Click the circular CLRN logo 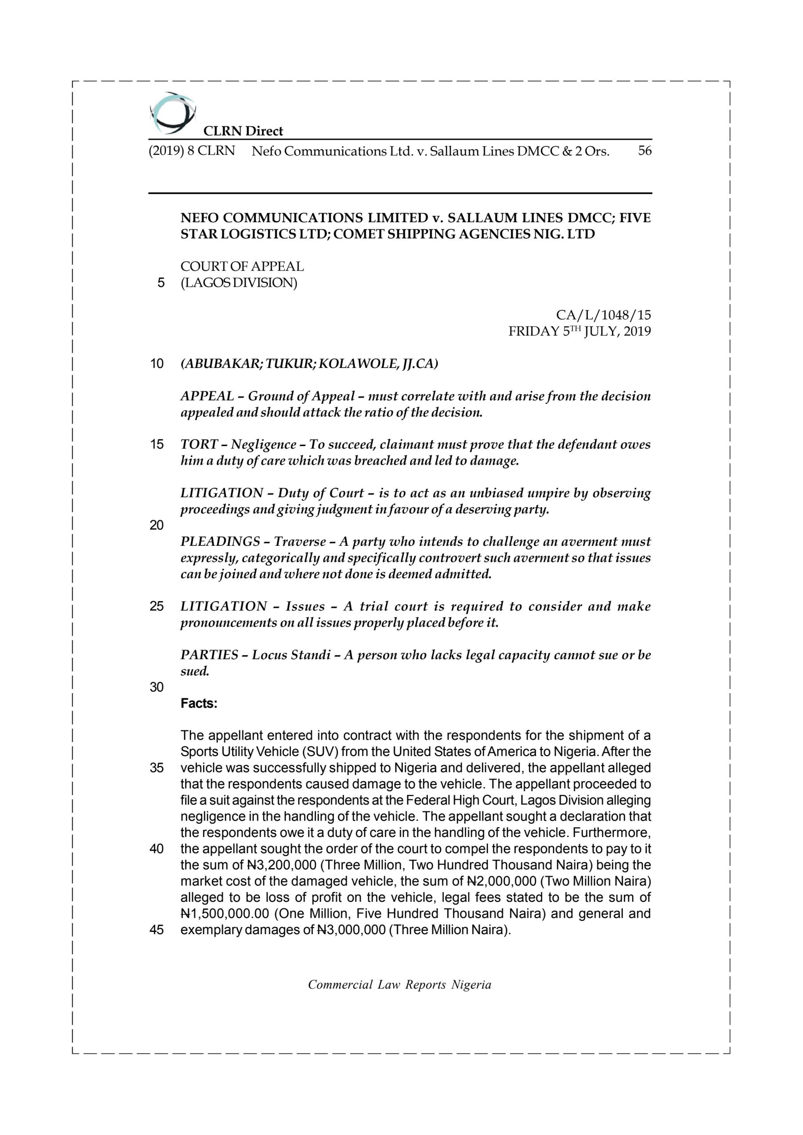[172, 113]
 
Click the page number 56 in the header [645, 151]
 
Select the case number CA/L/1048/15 [603, 315]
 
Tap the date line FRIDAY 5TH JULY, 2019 [580, 331]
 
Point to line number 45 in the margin [156, 930]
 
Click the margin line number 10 [156, 364]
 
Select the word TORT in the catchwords [199, 444]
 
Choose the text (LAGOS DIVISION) [239, 283]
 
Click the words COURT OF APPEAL [242, 266]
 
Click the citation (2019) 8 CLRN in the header [192, 151]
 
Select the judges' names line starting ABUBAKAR [309, 364]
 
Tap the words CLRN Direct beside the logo [243, 131]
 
